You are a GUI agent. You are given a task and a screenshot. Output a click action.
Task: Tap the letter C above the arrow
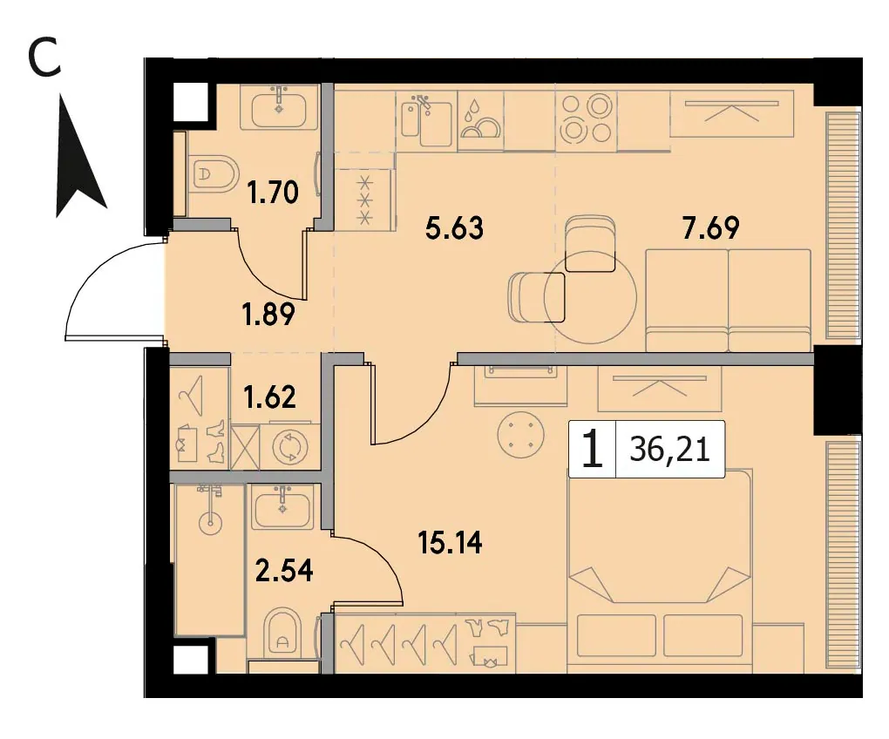tap(44, 59)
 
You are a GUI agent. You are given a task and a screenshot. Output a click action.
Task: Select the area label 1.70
tap(273, 193)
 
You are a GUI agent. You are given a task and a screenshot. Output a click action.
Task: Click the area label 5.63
tap(454, 228)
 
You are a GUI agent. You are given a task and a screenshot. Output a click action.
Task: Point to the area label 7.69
tap(711, 228)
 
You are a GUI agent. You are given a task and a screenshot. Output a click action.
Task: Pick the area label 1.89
tap(268, 315)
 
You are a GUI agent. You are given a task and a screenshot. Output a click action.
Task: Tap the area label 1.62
tap(269, 397)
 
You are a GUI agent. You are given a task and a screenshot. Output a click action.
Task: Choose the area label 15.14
tap(450, 542)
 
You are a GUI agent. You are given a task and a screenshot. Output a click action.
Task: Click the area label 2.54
tap(284, 570)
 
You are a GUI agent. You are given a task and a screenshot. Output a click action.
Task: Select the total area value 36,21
tap(669, 451)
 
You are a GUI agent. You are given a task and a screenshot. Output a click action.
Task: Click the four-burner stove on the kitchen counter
tap(587, 119)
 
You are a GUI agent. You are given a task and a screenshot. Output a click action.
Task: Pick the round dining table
tap(590, 297)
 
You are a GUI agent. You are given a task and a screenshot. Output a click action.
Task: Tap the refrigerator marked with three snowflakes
tap(365, 200)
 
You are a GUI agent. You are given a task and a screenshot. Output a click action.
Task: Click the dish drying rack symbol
tap(481, 120)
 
